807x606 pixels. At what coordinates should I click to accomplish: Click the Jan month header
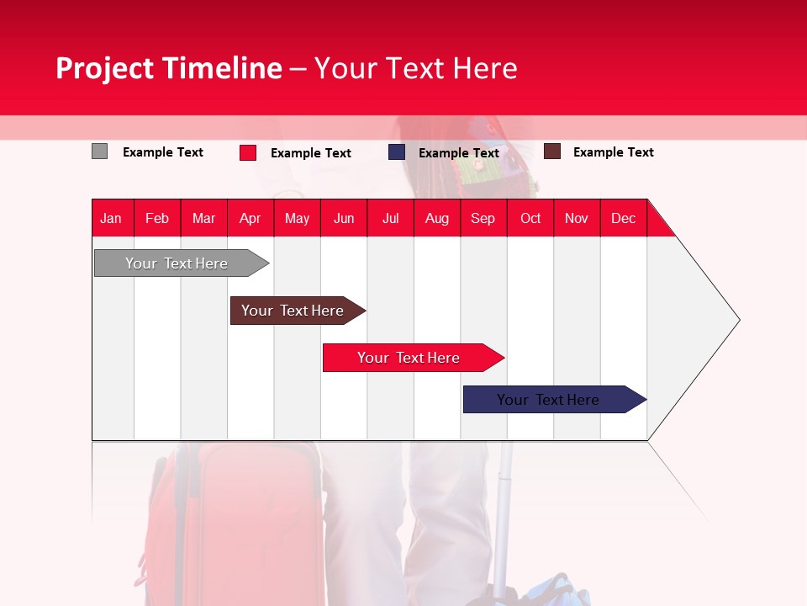point(112,218)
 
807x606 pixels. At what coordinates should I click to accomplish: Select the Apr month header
point(251,218)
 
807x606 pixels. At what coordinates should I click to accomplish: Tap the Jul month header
point(390,218)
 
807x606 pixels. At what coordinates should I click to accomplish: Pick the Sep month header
point(483,218)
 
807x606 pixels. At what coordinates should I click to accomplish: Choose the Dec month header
point(623,218)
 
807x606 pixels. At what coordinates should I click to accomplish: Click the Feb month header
point(157,218)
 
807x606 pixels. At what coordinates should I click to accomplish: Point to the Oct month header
point(530,218)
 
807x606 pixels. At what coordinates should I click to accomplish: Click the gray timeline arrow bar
point(177,263)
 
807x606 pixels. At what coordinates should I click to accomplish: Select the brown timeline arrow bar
point(293,311)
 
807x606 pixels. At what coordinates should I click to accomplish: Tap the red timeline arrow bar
point(409,358)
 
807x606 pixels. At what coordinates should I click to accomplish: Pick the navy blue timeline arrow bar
point(548,400)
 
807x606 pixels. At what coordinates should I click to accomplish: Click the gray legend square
point(99,151)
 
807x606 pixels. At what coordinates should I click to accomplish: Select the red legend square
point(247,152)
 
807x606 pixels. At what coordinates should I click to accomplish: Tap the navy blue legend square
point(397,152)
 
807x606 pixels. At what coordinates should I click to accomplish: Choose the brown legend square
point(552,151)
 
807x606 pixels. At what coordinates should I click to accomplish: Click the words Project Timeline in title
point(169,68)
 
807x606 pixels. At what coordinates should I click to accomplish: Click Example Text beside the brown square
point(613,152)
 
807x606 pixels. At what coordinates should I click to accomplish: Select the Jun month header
point(344,218)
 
